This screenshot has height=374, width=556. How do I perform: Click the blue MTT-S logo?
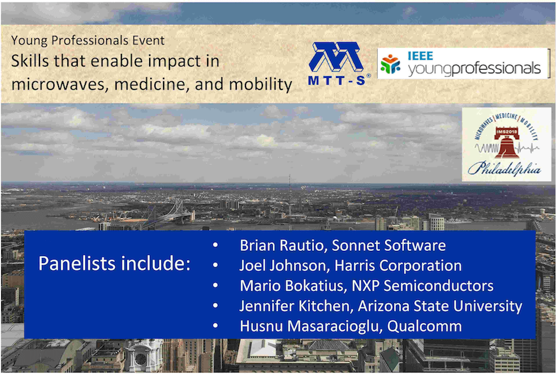pos(339,64)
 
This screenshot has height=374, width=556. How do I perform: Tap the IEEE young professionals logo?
pos(463,63)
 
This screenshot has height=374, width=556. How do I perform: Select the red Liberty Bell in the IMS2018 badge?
pos(507,142)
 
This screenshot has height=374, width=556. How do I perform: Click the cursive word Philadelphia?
pos(504,168)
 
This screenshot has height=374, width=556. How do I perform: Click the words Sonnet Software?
pos(389,245)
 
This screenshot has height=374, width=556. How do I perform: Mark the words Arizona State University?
pos(440,306)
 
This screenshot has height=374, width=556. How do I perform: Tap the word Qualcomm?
pos(424,326)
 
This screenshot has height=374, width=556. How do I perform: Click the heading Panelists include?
pos(114,263)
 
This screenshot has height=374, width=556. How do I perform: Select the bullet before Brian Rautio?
pos(215,245)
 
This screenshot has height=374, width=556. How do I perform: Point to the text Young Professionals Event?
pos(88,40)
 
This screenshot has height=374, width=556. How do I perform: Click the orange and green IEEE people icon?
pos(391,64)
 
